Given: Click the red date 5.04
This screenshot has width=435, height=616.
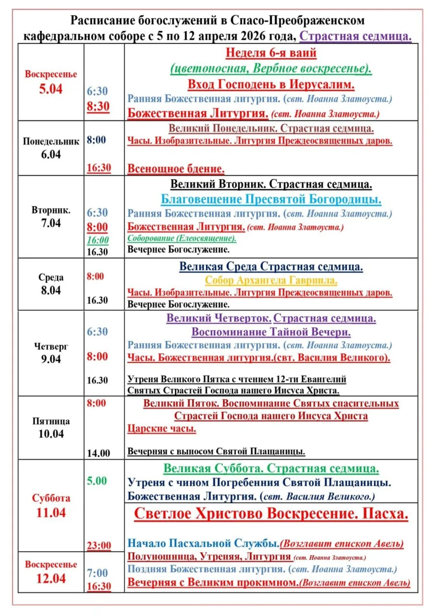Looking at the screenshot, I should click(51, 89).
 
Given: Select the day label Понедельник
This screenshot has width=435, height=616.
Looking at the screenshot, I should click(51, 141).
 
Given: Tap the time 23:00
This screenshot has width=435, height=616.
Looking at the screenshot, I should click(99, 546).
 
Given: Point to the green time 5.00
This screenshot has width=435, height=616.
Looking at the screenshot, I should click(97, 481).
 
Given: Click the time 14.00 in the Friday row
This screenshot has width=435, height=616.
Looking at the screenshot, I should click(98, 453).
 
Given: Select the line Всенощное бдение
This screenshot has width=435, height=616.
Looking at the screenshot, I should click(176, 169).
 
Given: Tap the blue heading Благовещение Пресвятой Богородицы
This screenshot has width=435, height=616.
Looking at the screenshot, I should click(271, 199).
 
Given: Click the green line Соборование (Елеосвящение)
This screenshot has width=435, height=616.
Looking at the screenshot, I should click(182, 238).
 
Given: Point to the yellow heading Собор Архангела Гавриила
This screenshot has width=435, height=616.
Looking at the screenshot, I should click(271, 280).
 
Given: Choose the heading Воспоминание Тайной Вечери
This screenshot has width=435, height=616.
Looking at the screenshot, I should click(271, 332).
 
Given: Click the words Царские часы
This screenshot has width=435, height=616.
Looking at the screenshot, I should click(162, 429).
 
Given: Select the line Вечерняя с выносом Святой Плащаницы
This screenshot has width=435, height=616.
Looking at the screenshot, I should click(217, 451).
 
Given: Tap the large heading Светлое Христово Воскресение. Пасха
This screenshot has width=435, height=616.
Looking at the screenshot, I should click(271, 513).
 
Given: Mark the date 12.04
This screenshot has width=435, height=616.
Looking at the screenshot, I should click(51, 578).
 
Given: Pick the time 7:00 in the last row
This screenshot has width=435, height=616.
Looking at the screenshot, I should click(98, 573).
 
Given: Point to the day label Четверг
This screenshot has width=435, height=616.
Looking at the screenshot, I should click(51, 346).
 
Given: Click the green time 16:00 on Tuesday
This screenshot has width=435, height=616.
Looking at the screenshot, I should click(98, 240).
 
